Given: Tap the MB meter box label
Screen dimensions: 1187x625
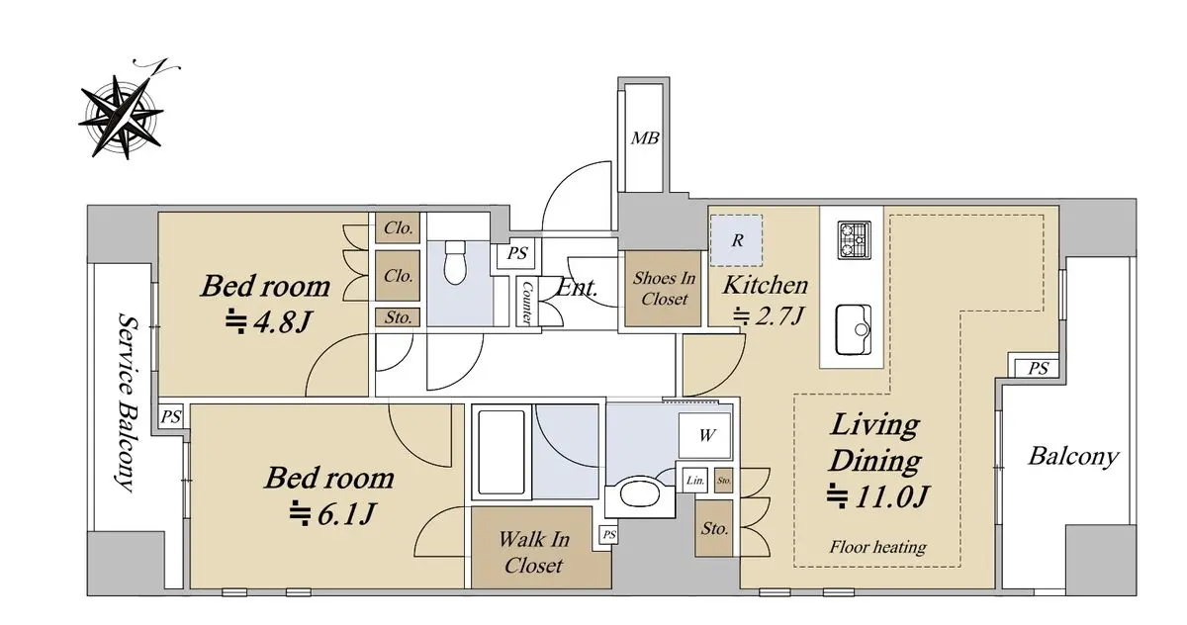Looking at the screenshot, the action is (644, 138).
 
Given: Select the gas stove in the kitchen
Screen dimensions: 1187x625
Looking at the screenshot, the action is (855, 240).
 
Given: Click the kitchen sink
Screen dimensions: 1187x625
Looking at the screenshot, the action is (853, 329).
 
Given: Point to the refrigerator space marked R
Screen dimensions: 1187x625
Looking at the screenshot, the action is (736, 240).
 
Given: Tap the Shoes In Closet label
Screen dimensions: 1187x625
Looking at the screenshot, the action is (664, 288).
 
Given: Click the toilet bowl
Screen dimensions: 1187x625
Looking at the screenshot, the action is (455, 262).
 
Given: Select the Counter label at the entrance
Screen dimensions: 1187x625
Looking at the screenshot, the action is (526, 303).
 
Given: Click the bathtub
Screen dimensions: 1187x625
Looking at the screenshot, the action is (502, 452).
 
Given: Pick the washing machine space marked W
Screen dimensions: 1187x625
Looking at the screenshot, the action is (704, 435).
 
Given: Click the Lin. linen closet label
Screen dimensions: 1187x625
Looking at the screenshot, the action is (694, 481).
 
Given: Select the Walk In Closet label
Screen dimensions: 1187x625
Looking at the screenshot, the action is (533, 553).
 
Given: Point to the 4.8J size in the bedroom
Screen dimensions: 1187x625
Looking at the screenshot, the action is (267, 321).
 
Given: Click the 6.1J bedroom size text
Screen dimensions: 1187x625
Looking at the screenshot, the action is (332, 513).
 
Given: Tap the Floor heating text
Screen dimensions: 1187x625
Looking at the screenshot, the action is (877, 546).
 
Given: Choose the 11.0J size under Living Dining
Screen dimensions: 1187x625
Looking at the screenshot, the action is (877, 496).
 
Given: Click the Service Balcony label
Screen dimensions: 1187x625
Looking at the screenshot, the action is (127, 402).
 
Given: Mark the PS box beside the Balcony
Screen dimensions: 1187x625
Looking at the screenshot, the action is (1038, 368).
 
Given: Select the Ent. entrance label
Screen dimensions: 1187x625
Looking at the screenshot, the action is (577, 288).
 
